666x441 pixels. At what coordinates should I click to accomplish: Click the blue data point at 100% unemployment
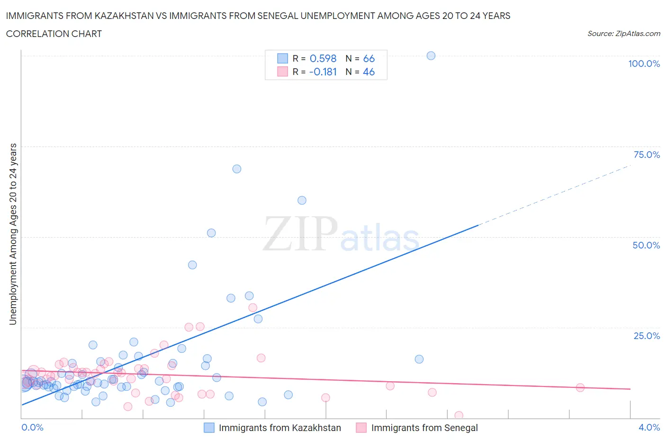[431, 55]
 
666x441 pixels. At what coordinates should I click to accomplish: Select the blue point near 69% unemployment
[237, 169]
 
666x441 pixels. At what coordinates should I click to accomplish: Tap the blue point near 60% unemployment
[302, 200]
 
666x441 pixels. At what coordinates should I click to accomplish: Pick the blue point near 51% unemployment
[211, 233]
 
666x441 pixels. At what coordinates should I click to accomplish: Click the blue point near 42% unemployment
[192, 265]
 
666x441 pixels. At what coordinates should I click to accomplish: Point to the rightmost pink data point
[580, 387]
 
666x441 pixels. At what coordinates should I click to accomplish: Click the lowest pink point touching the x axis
[459, 415]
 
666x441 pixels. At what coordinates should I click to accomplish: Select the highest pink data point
[253, 308]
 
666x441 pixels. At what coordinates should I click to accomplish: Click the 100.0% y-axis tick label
[644, 64]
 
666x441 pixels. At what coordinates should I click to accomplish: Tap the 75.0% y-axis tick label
[647, 155]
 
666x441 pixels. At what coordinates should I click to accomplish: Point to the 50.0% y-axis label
[646, 245]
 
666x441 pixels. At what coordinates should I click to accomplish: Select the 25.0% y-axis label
[647, 336]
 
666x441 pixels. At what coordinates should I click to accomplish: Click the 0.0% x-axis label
[32, 427]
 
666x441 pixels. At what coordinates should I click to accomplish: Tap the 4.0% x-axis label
[649, 427]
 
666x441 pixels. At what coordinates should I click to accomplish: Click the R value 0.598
[323, 58]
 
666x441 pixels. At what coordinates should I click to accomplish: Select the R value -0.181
[323, 72]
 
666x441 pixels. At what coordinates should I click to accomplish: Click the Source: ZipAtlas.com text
[623, 33]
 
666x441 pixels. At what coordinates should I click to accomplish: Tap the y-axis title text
[13, 234]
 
